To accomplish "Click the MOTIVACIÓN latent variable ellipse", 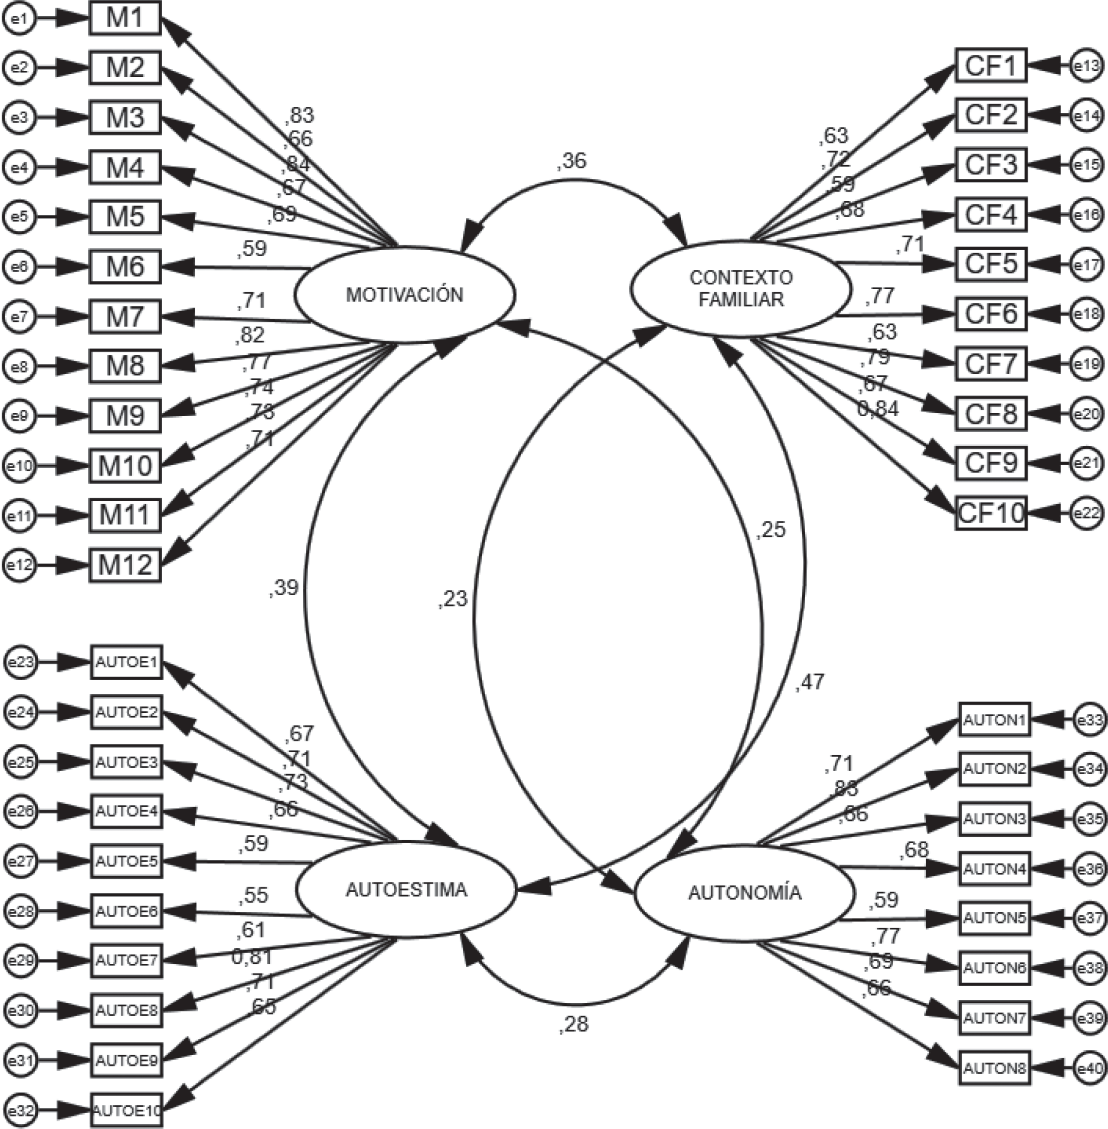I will (x=405, y=295).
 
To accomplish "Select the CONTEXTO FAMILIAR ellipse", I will (x=741, y=288).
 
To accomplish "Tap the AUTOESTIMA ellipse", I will (x=407, y=890).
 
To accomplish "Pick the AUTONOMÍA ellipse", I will (x=744, y=893).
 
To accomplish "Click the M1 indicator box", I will (x=125, y=18).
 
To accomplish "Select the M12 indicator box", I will (x=125, y=565).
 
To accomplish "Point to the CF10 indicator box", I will (x=990, y=512).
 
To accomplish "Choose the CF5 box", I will (x=990, y=264).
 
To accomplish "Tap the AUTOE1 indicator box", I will (x=126, y=662).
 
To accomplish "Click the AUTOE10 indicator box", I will (x=126, y=1111).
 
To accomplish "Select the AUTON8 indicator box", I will (x=994, y=1068).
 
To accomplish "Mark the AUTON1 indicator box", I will (x=994, y=720).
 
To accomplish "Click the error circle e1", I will (x=19, y=19).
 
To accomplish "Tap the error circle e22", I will (x=1087, y=513).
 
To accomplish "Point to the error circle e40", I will (x=1090, y=1069).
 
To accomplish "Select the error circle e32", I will (x=21, y=1111).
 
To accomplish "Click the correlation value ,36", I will (x=572, y=161).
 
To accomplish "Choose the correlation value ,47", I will (x=809, y=682).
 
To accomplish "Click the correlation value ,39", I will (x=283, y=588).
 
